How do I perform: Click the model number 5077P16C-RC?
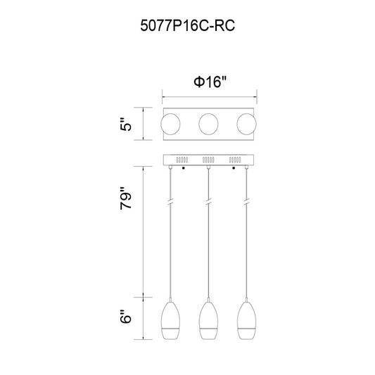click(187, 25)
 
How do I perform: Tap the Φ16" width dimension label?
click(210, 82)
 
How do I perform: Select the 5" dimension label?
click(126, 124)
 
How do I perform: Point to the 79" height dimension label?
click(126, 198)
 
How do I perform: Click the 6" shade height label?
click(126, 317)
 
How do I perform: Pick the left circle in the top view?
click(170, 124)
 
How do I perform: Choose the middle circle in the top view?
click(208, 124)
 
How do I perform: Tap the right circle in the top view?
click(246, 124)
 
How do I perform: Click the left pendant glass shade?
click(170, 320)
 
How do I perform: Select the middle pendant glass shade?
click(208, 320)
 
